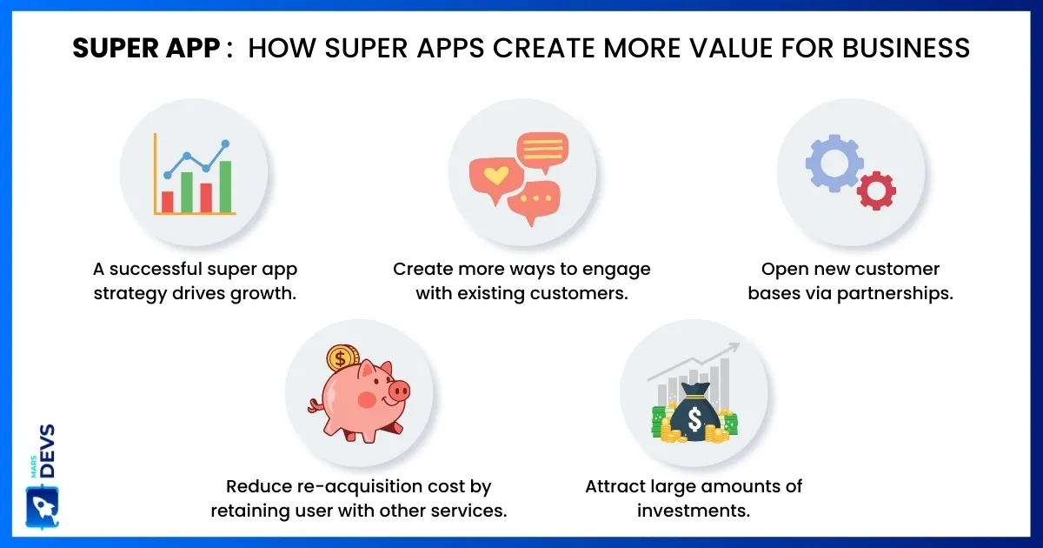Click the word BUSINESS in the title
906,48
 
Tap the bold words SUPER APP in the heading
146,48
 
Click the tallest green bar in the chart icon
225,186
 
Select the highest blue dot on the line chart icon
225,144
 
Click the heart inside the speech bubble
496,175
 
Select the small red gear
876,191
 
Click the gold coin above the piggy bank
342,358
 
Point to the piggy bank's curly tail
316,406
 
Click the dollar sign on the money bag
694,418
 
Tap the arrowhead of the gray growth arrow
734,347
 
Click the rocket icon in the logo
43,508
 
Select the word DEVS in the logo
48,451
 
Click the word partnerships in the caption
894,294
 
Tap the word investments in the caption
694,511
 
